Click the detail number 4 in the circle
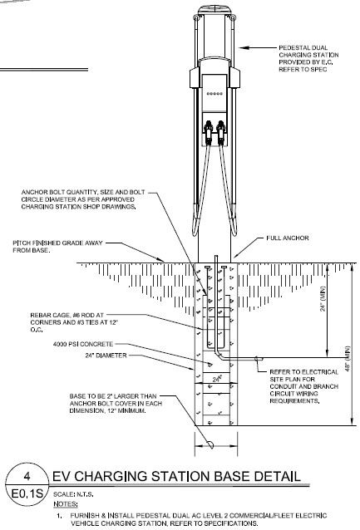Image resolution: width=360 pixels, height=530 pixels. (x=27, y=476)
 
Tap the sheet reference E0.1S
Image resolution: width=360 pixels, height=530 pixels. (x=27, y=493)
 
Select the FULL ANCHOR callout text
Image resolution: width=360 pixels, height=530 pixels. (x=288, y=238)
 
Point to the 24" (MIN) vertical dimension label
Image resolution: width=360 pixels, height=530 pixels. (x=323, y=299)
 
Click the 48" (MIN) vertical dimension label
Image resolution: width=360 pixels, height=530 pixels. (x=348, y=359)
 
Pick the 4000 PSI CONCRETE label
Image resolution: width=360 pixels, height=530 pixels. (x=83, y=344)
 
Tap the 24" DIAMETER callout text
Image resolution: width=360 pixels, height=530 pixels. (x=106, y=356)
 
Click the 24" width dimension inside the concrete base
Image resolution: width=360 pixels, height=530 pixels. (x=217, y=379)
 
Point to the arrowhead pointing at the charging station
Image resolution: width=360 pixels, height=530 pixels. (x=244, y=47)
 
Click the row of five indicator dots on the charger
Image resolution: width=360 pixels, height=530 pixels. (x=215, y=94)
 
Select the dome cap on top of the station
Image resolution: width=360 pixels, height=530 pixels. (x=215, y=9)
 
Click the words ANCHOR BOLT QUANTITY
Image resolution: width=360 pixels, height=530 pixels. (x=60, y=192)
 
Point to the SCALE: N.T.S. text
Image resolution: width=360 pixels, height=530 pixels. (x=73, y=494)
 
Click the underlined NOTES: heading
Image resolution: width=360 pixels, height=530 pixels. (x=66, y=504)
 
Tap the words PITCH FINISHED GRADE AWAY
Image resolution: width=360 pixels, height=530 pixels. (x=57, y=243)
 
